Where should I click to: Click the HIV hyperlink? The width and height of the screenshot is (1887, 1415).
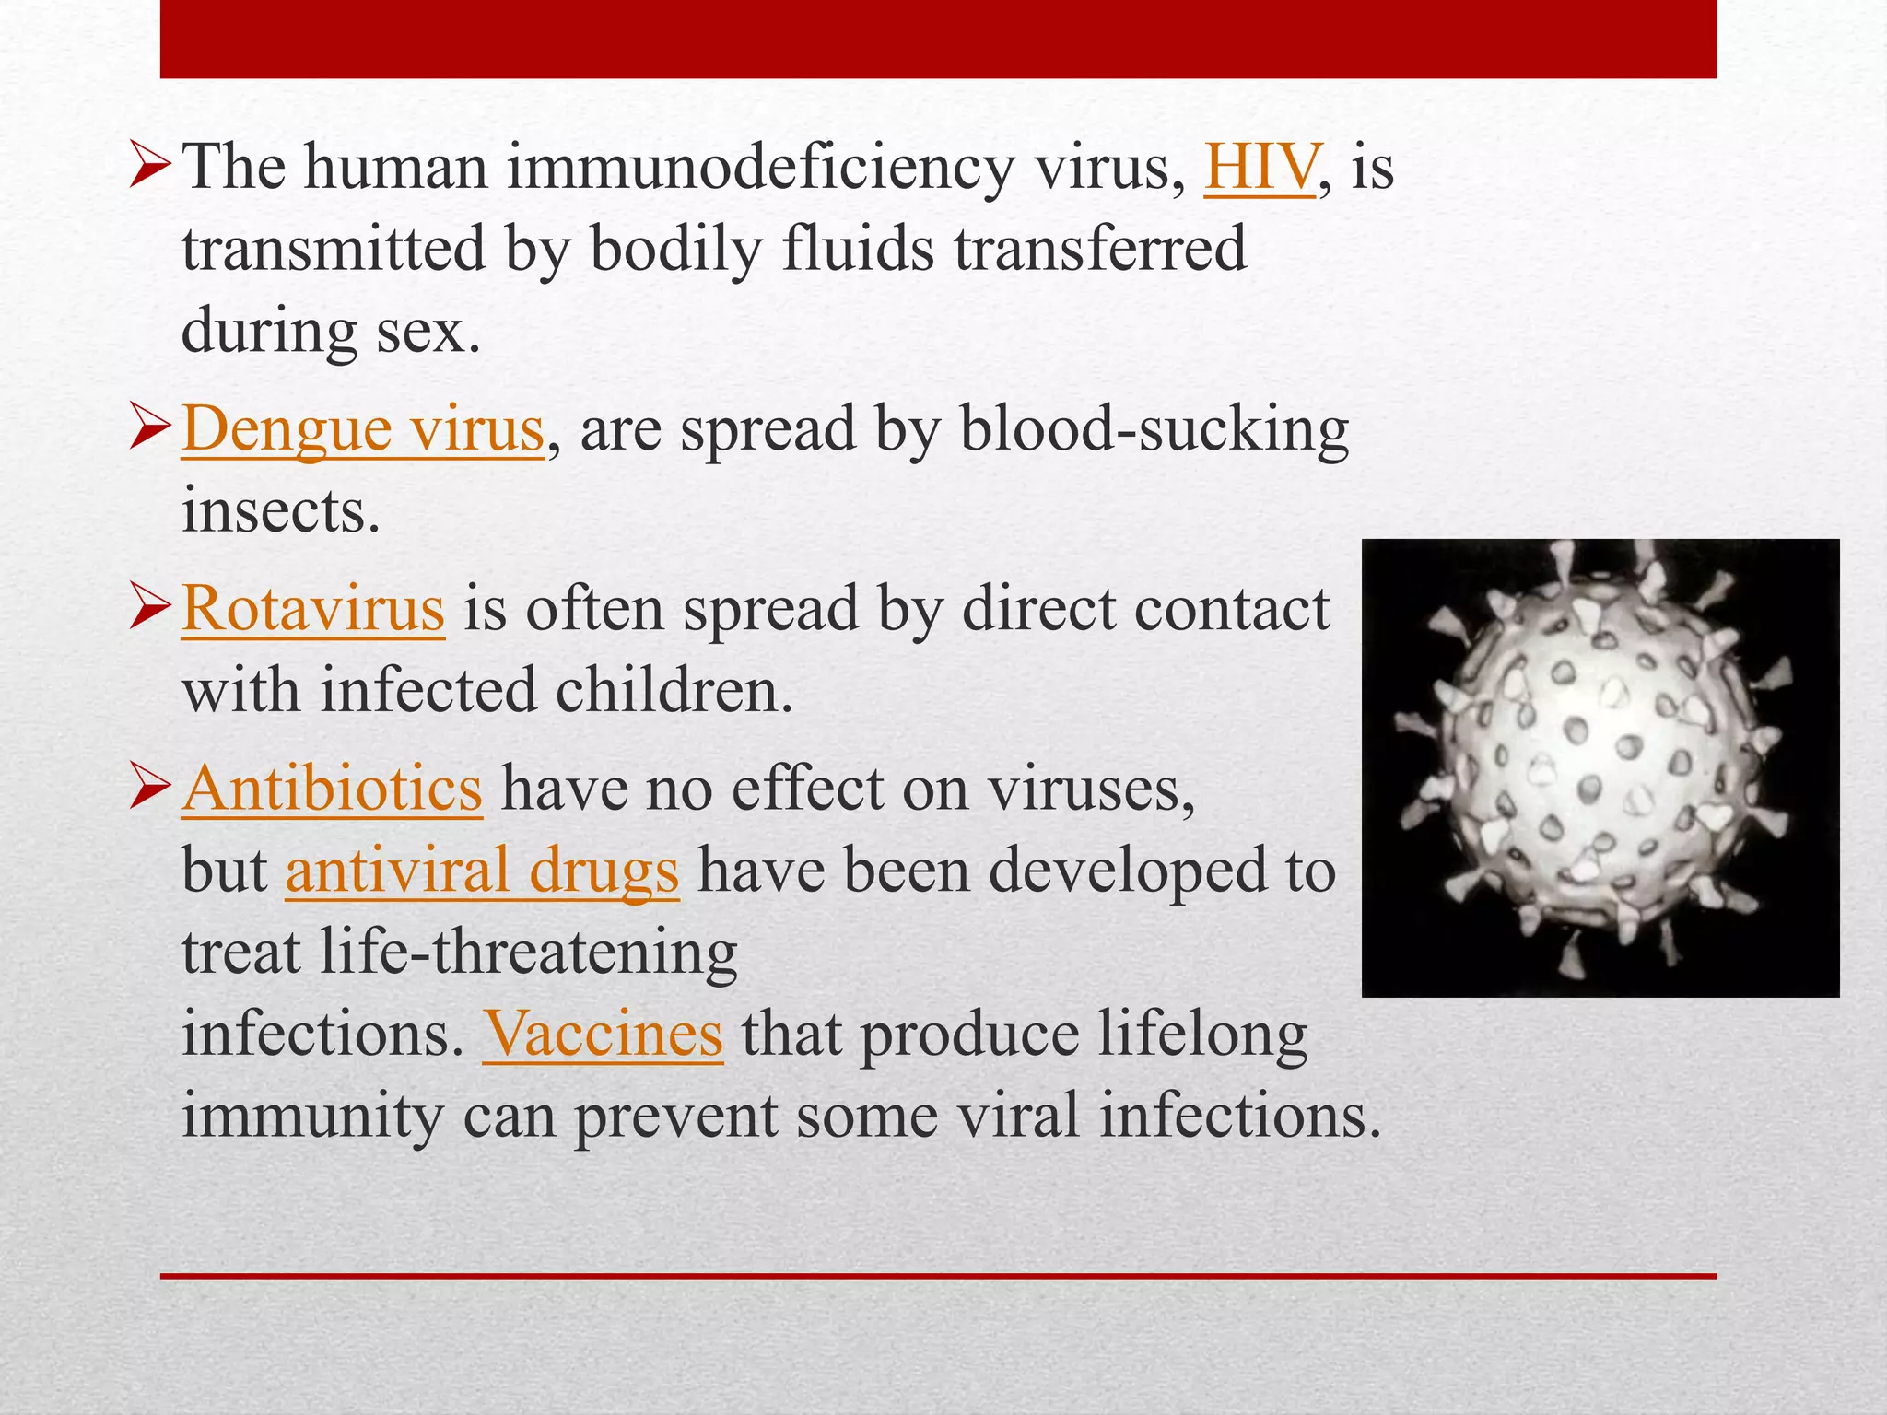pyautogui.click(x=1259, y=169)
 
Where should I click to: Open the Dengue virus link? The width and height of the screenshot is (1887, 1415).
pyautogui.click(x=363, y=430)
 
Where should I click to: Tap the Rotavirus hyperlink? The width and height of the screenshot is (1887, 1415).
pyautogui.click(x=313, y=609)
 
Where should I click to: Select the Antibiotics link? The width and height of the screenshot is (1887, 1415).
pyautogui.click(x=332, y=789)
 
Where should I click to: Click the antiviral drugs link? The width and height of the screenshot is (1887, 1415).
pyautogui.click(x=482, y=871)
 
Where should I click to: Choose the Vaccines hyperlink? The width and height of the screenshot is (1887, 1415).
pyautogui.click(x=603, y=1034)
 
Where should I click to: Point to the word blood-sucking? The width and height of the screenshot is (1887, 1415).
pyautogui.click(x=1154, y=430)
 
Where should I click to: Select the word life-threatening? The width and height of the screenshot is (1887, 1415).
pyautogui.click(x=528, y=953)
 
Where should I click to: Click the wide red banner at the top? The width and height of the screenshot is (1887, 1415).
pyautogui.click(x=938, y=39)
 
